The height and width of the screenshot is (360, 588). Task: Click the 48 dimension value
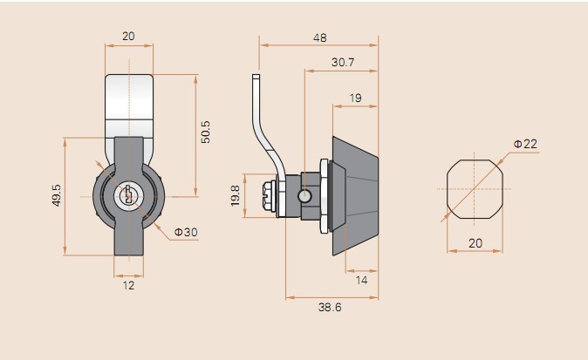click(x=320, y=37)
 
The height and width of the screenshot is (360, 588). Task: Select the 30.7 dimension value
click(x=342, y=62)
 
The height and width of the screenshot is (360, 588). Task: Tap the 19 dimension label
click(x=355, y=98)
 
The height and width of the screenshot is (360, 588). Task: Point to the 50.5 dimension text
click(x=206, y=132)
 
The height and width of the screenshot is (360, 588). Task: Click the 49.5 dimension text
click(x=56, y=195)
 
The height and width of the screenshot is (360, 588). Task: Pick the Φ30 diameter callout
click(x=186, y=232)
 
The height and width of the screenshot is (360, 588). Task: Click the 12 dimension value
click(x=128, y=285)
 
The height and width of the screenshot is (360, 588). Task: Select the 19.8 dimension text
click(x=236, y=195)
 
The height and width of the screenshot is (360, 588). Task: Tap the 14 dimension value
click(x=361, y=280)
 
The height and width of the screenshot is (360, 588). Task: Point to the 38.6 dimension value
click(x=330, y=307)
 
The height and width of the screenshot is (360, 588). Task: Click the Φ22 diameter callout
click(x=525, y=144)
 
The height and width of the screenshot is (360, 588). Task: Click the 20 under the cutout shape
click(x=475, y=243)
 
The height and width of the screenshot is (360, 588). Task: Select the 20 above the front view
click(x=128, y=37)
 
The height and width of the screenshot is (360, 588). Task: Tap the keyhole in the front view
click(x=128, y=194)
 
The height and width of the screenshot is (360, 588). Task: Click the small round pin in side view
click(x=304, y=196)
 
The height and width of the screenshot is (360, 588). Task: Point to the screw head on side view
click(x=270, y=196)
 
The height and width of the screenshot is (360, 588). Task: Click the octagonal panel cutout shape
click(x=475, y=189)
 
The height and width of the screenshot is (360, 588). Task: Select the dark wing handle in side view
click(x=355, y=196)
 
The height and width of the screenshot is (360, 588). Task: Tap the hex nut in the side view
click(x=324, y=196)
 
